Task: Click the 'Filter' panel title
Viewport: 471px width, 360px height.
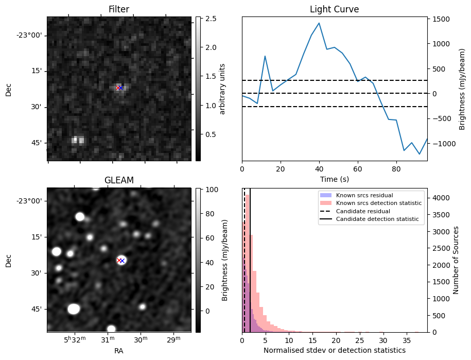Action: [x=119, y=9]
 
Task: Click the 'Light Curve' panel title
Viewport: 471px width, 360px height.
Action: [x=334, y=9]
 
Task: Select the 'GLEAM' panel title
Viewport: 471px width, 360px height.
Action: [x=119, y=180]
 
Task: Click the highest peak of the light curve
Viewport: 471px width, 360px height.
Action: [x=319, y=23]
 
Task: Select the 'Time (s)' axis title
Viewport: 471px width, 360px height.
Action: [x=334, y=178]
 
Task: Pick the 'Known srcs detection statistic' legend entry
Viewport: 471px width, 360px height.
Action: [x=378, y=203]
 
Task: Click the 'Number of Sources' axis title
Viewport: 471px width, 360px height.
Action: [x=456, y=260]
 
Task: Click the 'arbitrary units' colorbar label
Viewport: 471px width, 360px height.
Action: [x=222, y=89]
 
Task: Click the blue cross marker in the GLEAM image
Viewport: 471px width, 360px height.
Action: [x=122, y=261]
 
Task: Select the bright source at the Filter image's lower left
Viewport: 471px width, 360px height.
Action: [x=78, y=140]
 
